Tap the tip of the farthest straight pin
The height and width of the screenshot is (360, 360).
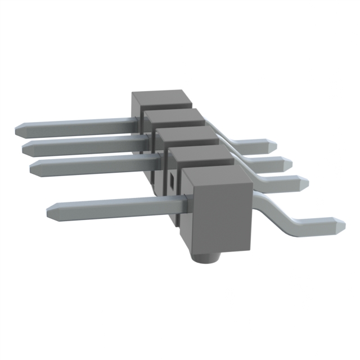[16, 128]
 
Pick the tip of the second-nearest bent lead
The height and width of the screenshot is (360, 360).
[308, 182]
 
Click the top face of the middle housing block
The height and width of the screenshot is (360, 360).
[186, 135]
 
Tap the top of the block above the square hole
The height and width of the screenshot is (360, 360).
[202, 155]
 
